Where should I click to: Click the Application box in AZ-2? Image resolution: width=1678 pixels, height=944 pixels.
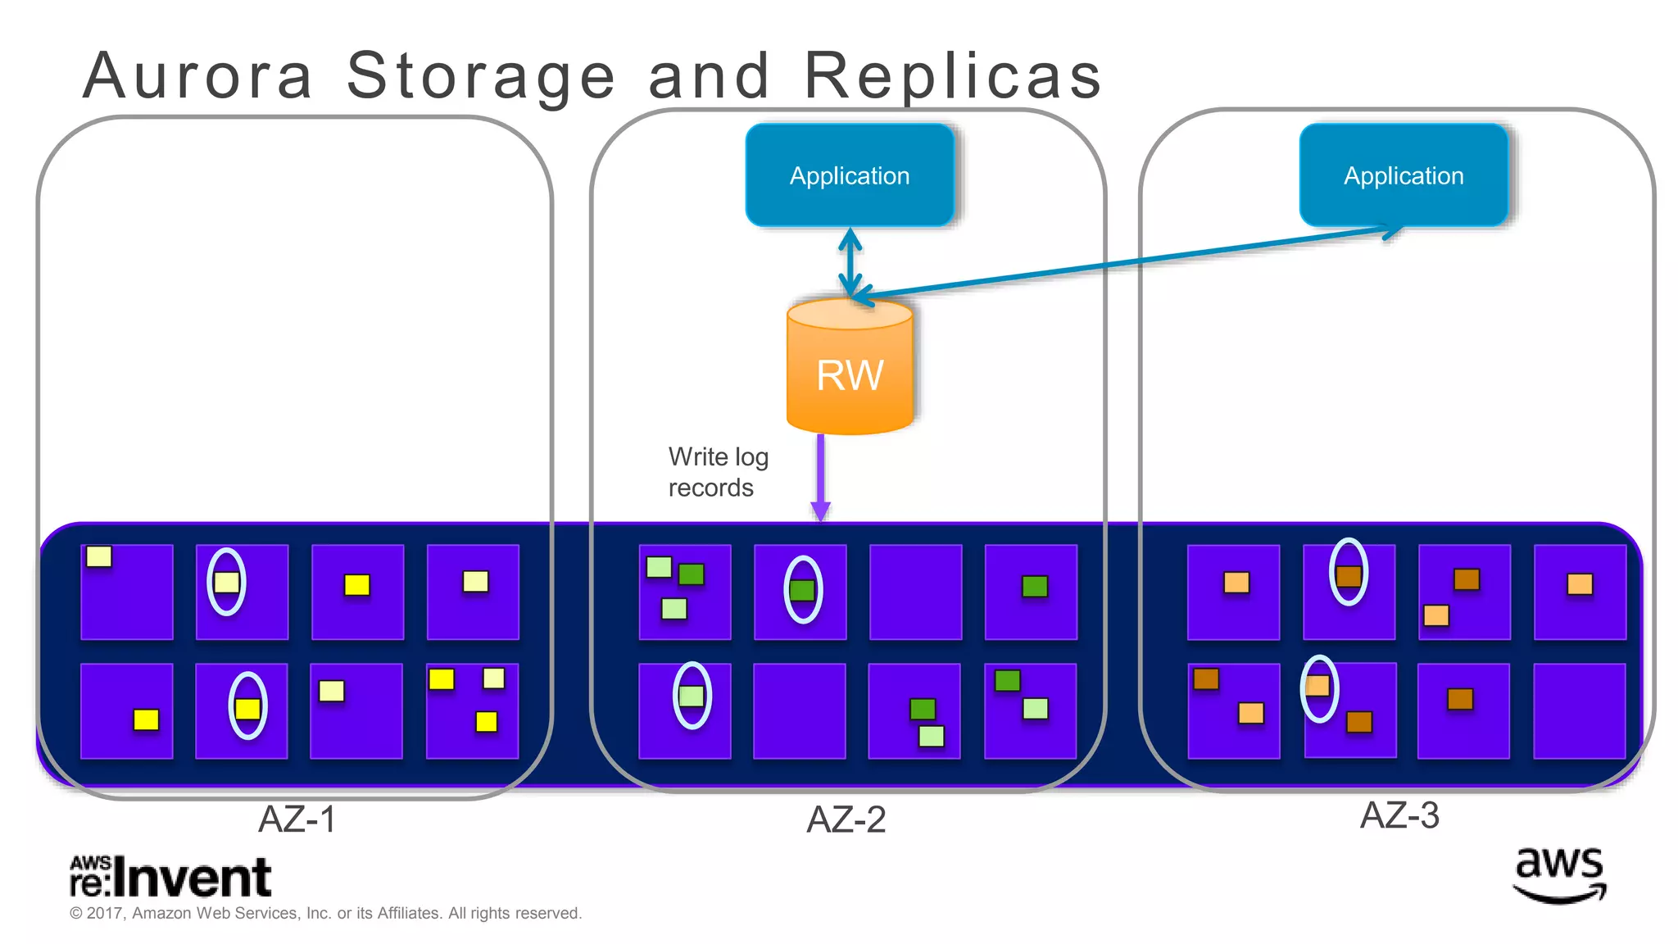(x=850, y=175)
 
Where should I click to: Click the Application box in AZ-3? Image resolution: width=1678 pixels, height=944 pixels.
(x=1403, y=175)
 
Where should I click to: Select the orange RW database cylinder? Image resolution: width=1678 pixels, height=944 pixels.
(x=850, y=369)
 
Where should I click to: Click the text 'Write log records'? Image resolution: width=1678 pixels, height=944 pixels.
(x=717, y=472)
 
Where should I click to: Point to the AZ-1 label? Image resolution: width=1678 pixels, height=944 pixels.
(x=297, y=819)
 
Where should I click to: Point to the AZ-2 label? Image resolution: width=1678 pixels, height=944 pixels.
(x=846, y=819)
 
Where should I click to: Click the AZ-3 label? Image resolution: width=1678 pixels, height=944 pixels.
(x=1399, y=815)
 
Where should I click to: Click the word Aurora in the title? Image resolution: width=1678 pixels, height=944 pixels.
(x=198, y=75)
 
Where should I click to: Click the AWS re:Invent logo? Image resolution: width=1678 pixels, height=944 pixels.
(x=170, y=877)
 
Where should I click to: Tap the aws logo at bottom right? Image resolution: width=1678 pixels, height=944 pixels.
(x=1558, y=875)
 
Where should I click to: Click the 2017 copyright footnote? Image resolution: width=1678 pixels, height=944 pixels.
(x=325, y=913)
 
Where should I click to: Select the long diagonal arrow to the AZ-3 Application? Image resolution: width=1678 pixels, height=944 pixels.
(x=1131, y=261)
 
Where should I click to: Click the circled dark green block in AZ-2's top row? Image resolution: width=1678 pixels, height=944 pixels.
(x=802, y=590)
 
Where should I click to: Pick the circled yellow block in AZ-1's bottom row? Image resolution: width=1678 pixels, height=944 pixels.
(x=247, y=708)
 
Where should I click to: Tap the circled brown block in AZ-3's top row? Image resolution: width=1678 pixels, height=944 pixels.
(x=1348, y=575)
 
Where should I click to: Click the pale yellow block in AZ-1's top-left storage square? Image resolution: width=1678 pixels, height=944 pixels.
(x=99, y=556)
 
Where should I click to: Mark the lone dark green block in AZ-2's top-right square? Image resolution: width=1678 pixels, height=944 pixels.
(x=1035, y=586)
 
